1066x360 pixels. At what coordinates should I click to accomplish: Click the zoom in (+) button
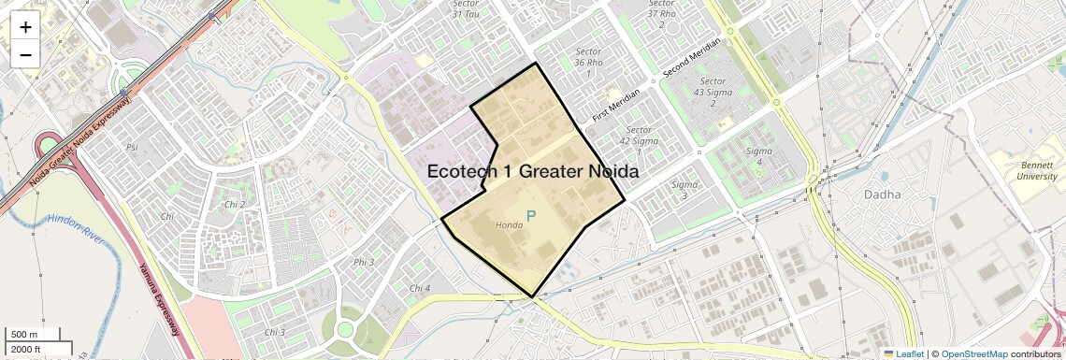[x=25, y=27]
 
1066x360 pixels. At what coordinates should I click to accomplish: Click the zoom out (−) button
[x=25, y=55]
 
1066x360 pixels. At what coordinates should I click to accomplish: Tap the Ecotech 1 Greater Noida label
[x=533, y=172]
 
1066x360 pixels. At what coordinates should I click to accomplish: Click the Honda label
[x=509, y=225]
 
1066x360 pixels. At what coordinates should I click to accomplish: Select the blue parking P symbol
[x=531, y=217]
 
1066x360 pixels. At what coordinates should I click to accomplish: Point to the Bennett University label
[x=1037, y=170]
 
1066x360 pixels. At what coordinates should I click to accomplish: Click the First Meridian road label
[x=616, y=105]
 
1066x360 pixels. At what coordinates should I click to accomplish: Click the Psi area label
[x=132, y=147]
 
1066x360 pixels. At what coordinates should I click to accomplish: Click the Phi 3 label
[x=365, y=262]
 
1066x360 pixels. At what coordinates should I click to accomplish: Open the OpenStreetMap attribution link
[x=973, y=354]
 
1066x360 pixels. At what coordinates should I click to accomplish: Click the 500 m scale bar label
[x=25, y=335]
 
